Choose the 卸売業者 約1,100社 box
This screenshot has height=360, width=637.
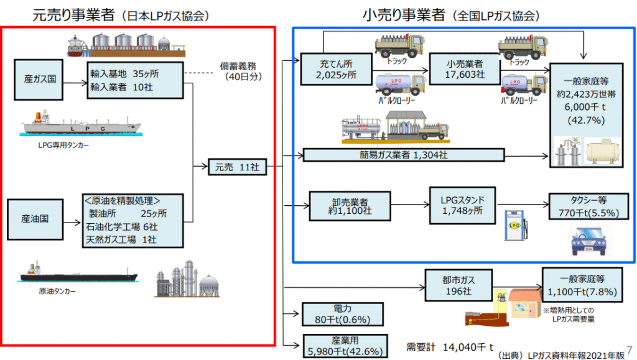pyautogui.click(x=350, y=206)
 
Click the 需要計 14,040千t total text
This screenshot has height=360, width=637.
pyautogui.click(x=449, y=346)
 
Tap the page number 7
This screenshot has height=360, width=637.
pyautogui.click(x=628, y=349)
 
